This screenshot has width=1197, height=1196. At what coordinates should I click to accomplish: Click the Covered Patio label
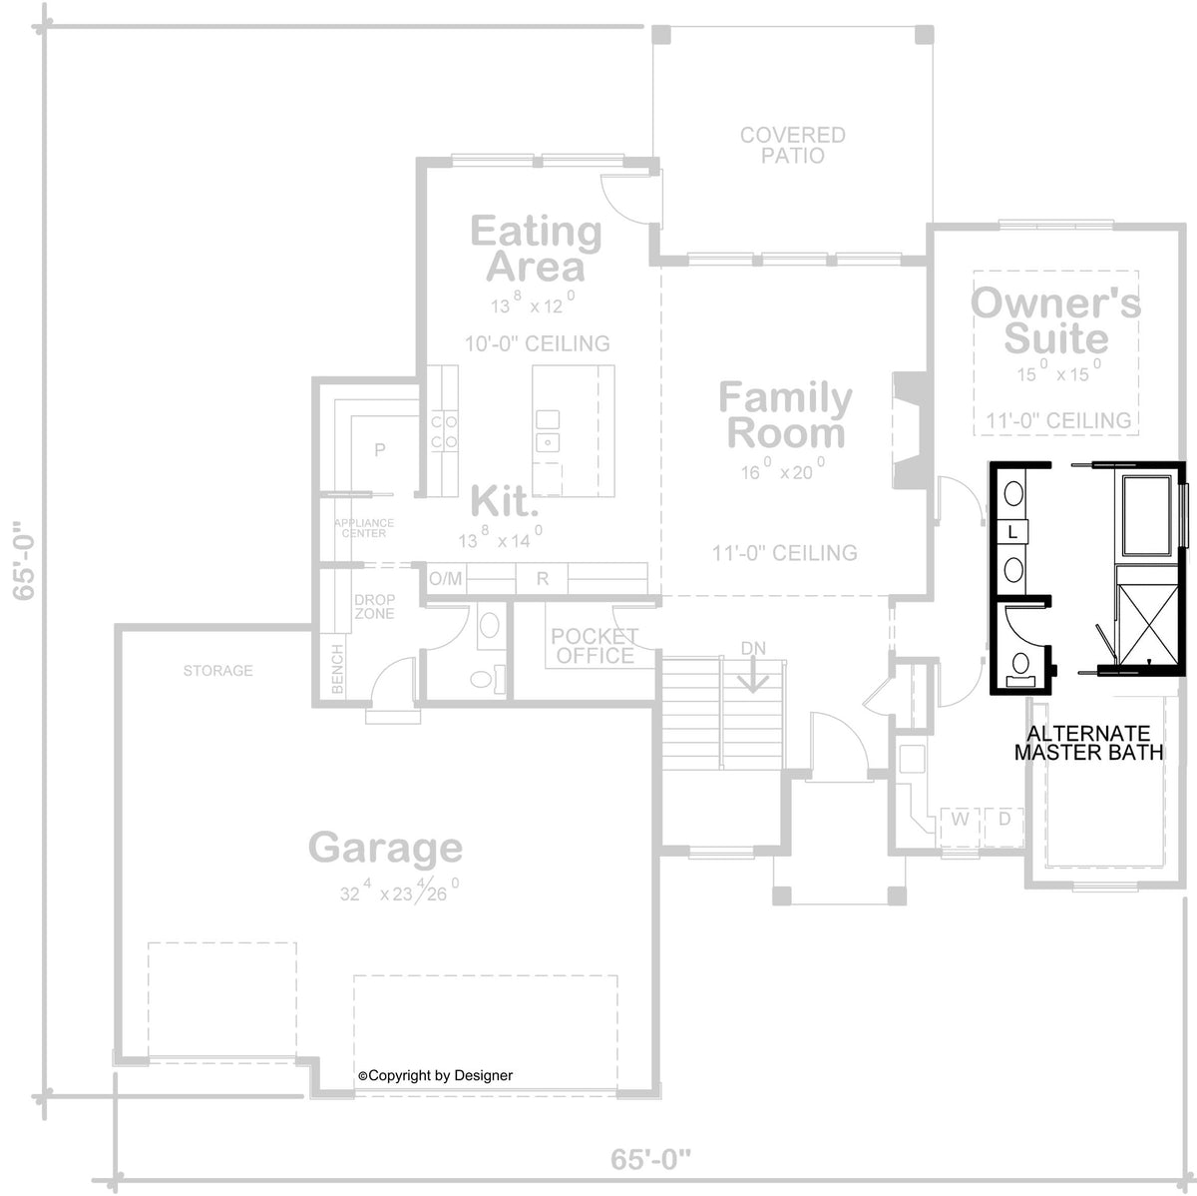(x=793, y=145)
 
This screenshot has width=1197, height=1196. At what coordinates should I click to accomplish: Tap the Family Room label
(x=786, y=415)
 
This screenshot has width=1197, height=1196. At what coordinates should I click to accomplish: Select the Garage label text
(x=386, y=849)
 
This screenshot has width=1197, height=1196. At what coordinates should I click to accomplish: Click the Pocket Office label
(x=595, y=646)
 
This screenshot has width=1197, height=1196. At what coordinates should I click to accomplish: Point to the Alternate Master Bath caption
(x=1089, y=743)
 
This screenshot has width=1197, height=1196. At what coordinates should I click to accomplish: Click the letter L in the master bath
(x=1013, y=532)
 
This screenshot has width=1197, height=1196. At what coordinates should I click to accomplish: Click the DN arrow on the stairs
(x=753, y=674)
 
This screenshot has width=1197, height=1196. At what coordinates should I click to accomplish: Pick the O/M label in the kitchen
(x=445, y=579)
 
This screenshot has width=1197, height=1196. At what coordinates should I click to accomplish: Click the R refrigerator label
(x=543, y=579)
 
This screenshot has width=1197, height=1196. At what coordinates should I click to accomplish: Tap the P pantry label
(x=379, y=449)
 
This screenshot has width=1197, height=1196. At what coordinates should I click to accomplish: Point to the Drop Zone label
(x=374, y=606)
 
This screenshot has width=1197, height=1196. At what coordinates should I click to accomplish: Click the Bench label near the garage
(x=337, y=669)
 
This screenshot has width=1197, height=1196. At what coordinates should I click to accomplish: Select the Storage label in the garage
(x=218, y=671)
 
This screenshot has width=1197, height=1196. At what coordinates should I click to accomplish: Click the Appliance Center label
(x=364, y=528)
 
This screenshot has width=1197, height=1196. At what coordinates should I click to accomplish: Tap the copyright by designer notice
(x=436, y=1075)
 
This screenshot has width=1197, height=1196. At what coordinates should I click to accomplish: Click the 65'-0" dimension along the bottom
(x=650, y=1159)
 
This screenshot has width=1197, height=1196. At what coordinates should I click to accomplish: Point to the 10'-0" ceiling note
(x=538, y=343)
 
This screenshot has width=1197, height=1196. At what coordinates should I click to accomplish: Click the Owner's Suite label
(x=1055, y=320)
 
